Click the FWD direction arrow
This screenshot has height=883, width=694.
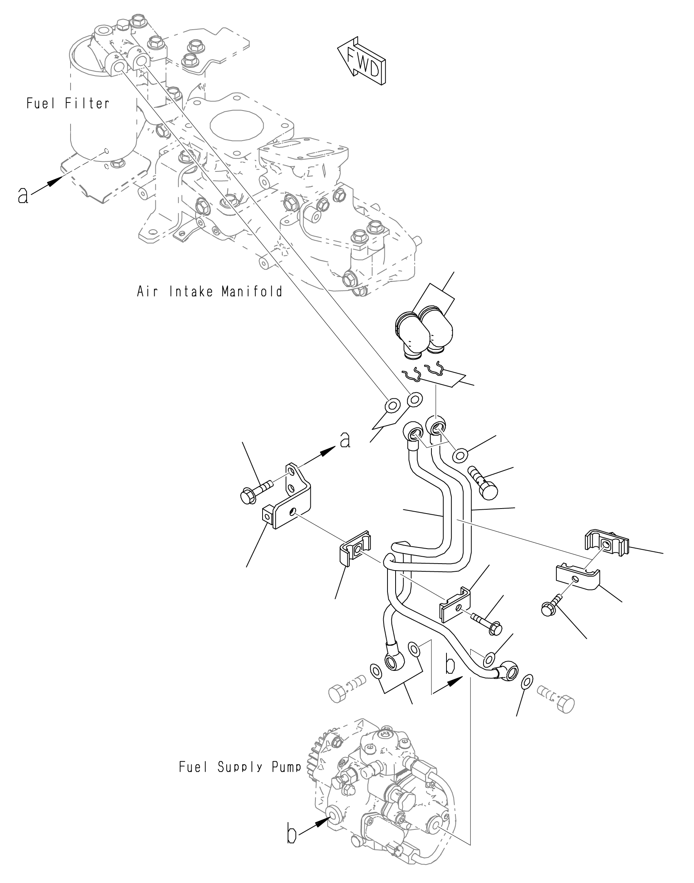[x=362, y=61]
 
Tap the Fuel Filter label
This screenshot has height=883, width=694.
[x=68, y=104]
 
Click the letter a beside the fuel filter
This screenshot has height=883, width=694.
[x=24, y=196]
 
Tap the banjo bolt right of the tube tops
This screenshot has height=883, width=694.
[x=483, y=483]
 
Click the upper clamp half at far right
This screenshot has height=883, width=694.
[x=606, y=544]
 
